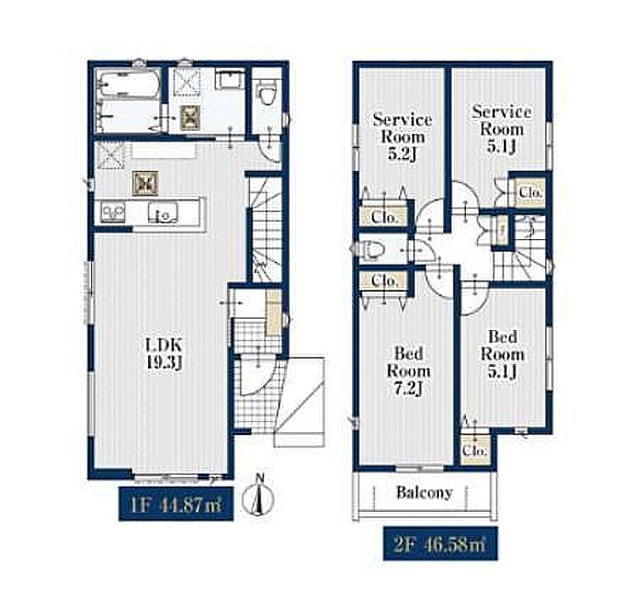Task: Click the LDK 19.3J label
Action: point(164,354)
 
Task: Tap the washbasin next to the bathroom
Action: point(230,80)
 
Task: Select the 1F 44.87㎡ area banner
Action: point(176,504)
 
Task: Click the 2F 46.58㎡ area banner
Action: point(441,544)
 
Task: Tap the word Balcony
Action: point(424,493)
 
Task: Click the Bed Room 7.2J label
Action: point(408,372)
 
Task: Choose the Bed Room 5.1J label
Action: point(503,354)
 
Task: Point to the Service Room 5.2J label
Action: point(402,136)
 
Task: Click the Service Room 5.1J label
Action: point(502,129)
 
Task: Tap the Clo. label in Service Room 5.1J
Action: point(531,192)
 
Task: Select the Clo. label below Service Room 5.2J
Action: point(384,218)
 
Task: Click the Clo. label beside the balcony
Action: point(474,451)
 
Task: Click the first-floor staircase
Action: point(265,229)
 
